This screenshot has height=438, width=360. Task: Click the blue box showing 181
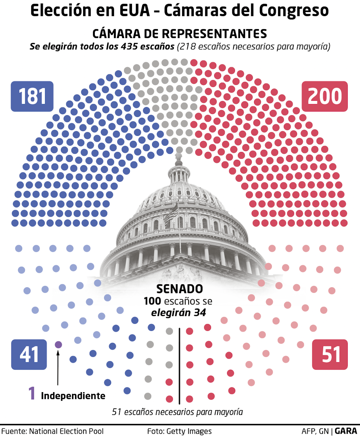[32, 96]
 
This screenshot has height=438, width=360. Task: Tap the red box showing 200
[325, 96]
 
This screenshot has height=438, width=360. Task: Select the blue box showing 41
[29, 354]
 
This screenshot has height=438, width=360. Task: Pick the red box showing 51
[330, 354]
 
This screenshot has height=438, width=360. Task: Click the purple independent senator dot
[58, 344]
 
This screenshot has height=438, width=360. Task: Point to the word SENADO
[180, 289]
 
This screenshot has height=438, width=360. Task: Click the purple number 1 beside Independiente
[32, 393]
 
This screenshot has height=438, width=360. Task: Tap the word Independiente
[73, 396]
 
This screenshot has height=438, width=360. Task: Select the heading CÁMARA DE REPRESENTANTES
[179, 34]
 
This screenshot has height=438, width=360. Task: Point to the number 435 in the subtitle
[129, 47]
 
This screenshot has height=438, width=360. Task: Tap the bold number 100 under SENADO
[152, 301]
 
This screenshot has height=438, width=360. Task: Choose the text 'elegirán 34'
[178, 313]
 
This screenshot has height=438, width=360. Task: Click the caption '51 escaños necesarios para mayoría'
[177, 412]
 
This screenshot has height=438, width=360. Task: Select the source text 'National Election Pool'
[66, 431]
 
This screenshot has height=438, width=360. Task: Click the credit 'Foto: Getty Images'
[179, 431]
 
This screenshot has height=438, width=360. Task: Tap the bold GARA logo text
[346, 431]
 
